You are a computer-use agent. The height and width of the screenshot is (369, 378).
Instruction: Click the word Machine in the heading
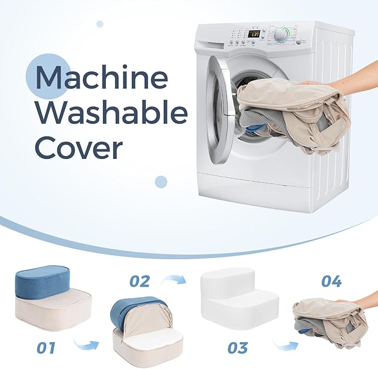101,77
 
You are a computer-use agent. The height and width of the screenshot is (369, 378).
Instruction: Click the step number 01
46,347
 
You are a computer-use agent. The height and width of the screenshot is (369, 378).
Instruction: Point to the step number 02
140,281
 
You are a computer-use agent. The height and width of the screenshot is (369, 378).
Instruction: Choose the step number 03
238,348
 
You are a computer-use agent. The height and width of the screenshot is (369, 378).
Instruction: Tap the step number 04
331,281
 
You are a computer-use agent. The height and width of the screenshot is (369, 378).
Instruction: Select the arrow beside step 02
174,279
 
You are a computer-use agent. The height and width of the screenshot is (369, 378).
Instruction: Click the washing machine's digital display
254,34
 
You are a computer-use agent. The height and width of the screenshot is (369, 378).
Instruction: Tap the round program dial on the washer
281,36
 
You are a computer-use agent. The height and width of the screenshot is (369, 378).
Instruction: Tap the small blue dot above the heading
100,24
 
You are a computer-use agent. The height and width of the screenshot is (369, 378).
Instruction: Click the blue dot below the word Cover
161,182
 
